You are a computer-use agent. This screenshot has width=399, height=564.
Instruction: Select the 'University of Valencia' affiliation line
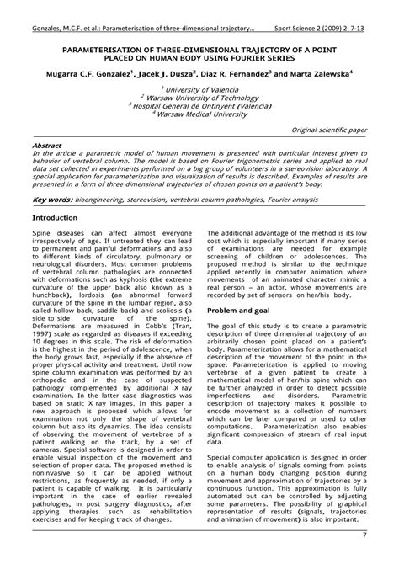click(200, 88)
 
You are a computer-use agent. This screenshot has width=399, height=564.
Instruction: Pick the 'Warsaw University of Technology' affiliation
click(199, 97)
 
